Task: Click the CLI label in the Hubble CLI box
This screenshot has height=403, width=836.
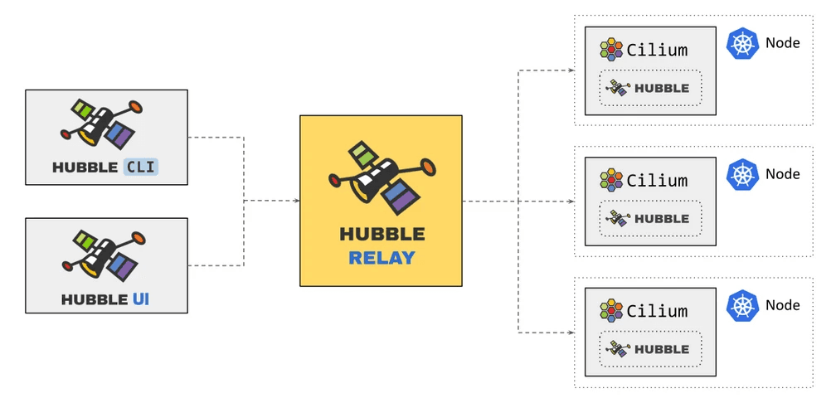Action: pyautogui.click(x=140, y=167)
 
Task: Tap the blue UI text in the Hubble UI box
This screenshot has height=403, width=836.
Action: pyautogui.click(x=141, y=299)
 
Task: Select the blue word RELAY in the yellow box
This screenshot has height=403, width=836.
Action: pyautogui.click(x=382, y=258)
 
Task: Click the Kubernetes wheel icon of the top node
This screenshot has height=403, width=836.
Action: pyautogui.click(x=742, y=44)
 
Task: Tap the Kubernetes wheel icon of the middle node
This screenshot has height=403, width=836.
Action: pyautogui.click(x=742, y=175)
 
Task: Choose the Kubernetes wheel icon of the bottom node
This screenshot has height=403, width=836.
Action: pyautogui.click(x=742, y=306)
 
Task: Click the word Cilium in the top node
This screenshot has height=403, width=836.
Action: pyautogui.click(x=658, y=50)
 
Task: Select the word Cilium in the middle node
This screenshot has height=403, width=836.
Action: pyautogui.click(x=658, y=181)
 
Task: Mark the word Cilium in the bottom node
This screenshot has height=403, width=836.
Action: pyautogui.click(x=658, y=312)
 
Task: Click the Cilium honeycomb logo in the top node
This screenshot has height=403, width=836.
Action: pyautogui.click(x=612, y=50)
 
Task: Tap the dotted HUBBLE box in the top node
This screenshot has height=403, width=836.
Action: pyautogui.click(x=650, y=88)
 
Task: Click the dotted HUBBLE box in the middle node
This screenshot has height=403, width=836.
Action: pyautogui.click(x=650, y=219)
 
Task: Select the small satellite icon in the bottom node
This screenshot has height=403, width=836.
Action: pyautogui.click(x=618, y=349)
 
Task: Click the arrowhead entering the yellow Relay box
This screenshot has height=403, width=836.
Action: pyautogui.click(x=296, y=200)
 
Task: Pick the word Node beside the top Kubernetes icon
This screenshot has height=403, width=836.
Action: pyautogui.click(x=783, y=43)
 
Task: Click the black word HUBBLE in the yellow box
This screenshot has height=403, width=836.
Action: pyautogui.click(x=382, y=235)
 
